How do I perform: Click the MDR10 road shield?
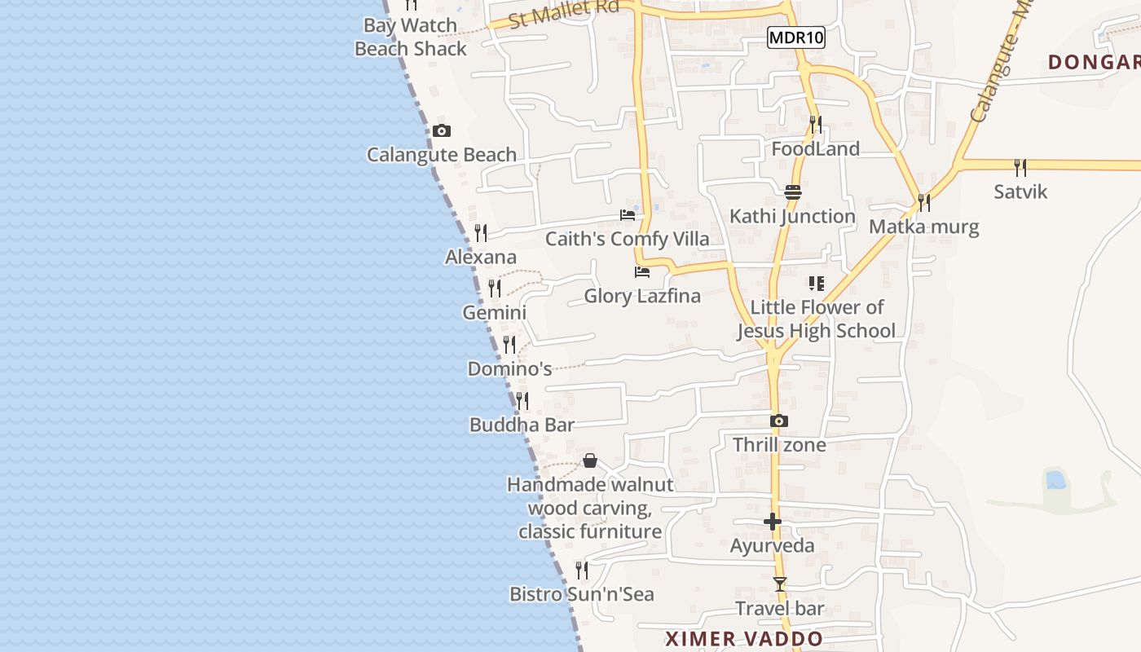point(796,37)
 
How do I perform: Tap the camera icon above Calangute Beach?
point(441,130)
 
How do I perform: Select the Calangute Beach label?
point(441,155)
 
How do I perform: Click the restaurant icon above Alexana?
point(481,233)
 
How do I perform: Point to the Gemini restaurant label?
point(494,312)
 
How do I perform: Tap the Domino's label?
point(509,368)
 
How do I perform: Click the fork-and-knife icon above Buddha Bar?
point(522,401)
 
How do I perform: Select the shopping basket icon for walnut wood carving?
point(590,461)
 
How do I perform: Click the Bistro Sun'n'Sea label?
point(581,594)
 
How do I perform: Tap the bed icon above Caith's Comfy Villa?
point(628,215)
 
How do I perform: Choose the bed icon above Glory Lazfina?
point(642,271)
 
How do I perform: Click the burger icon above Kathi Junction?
point(793,192)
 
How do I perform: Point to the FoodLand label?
point(815,149)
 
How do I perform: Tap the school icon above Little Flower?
point(816,284)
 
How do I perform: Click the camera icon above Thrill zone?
point(779,421)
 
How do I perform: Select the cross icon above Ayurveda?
point(773,522)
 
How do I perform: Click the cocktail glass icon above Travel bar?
point(780,584)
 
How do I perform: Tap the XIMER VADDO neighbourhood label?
point(743,638)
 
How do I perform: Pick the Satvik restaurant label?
point(1020,192)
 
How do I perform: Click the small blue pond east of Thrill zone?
point(1055,479)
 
